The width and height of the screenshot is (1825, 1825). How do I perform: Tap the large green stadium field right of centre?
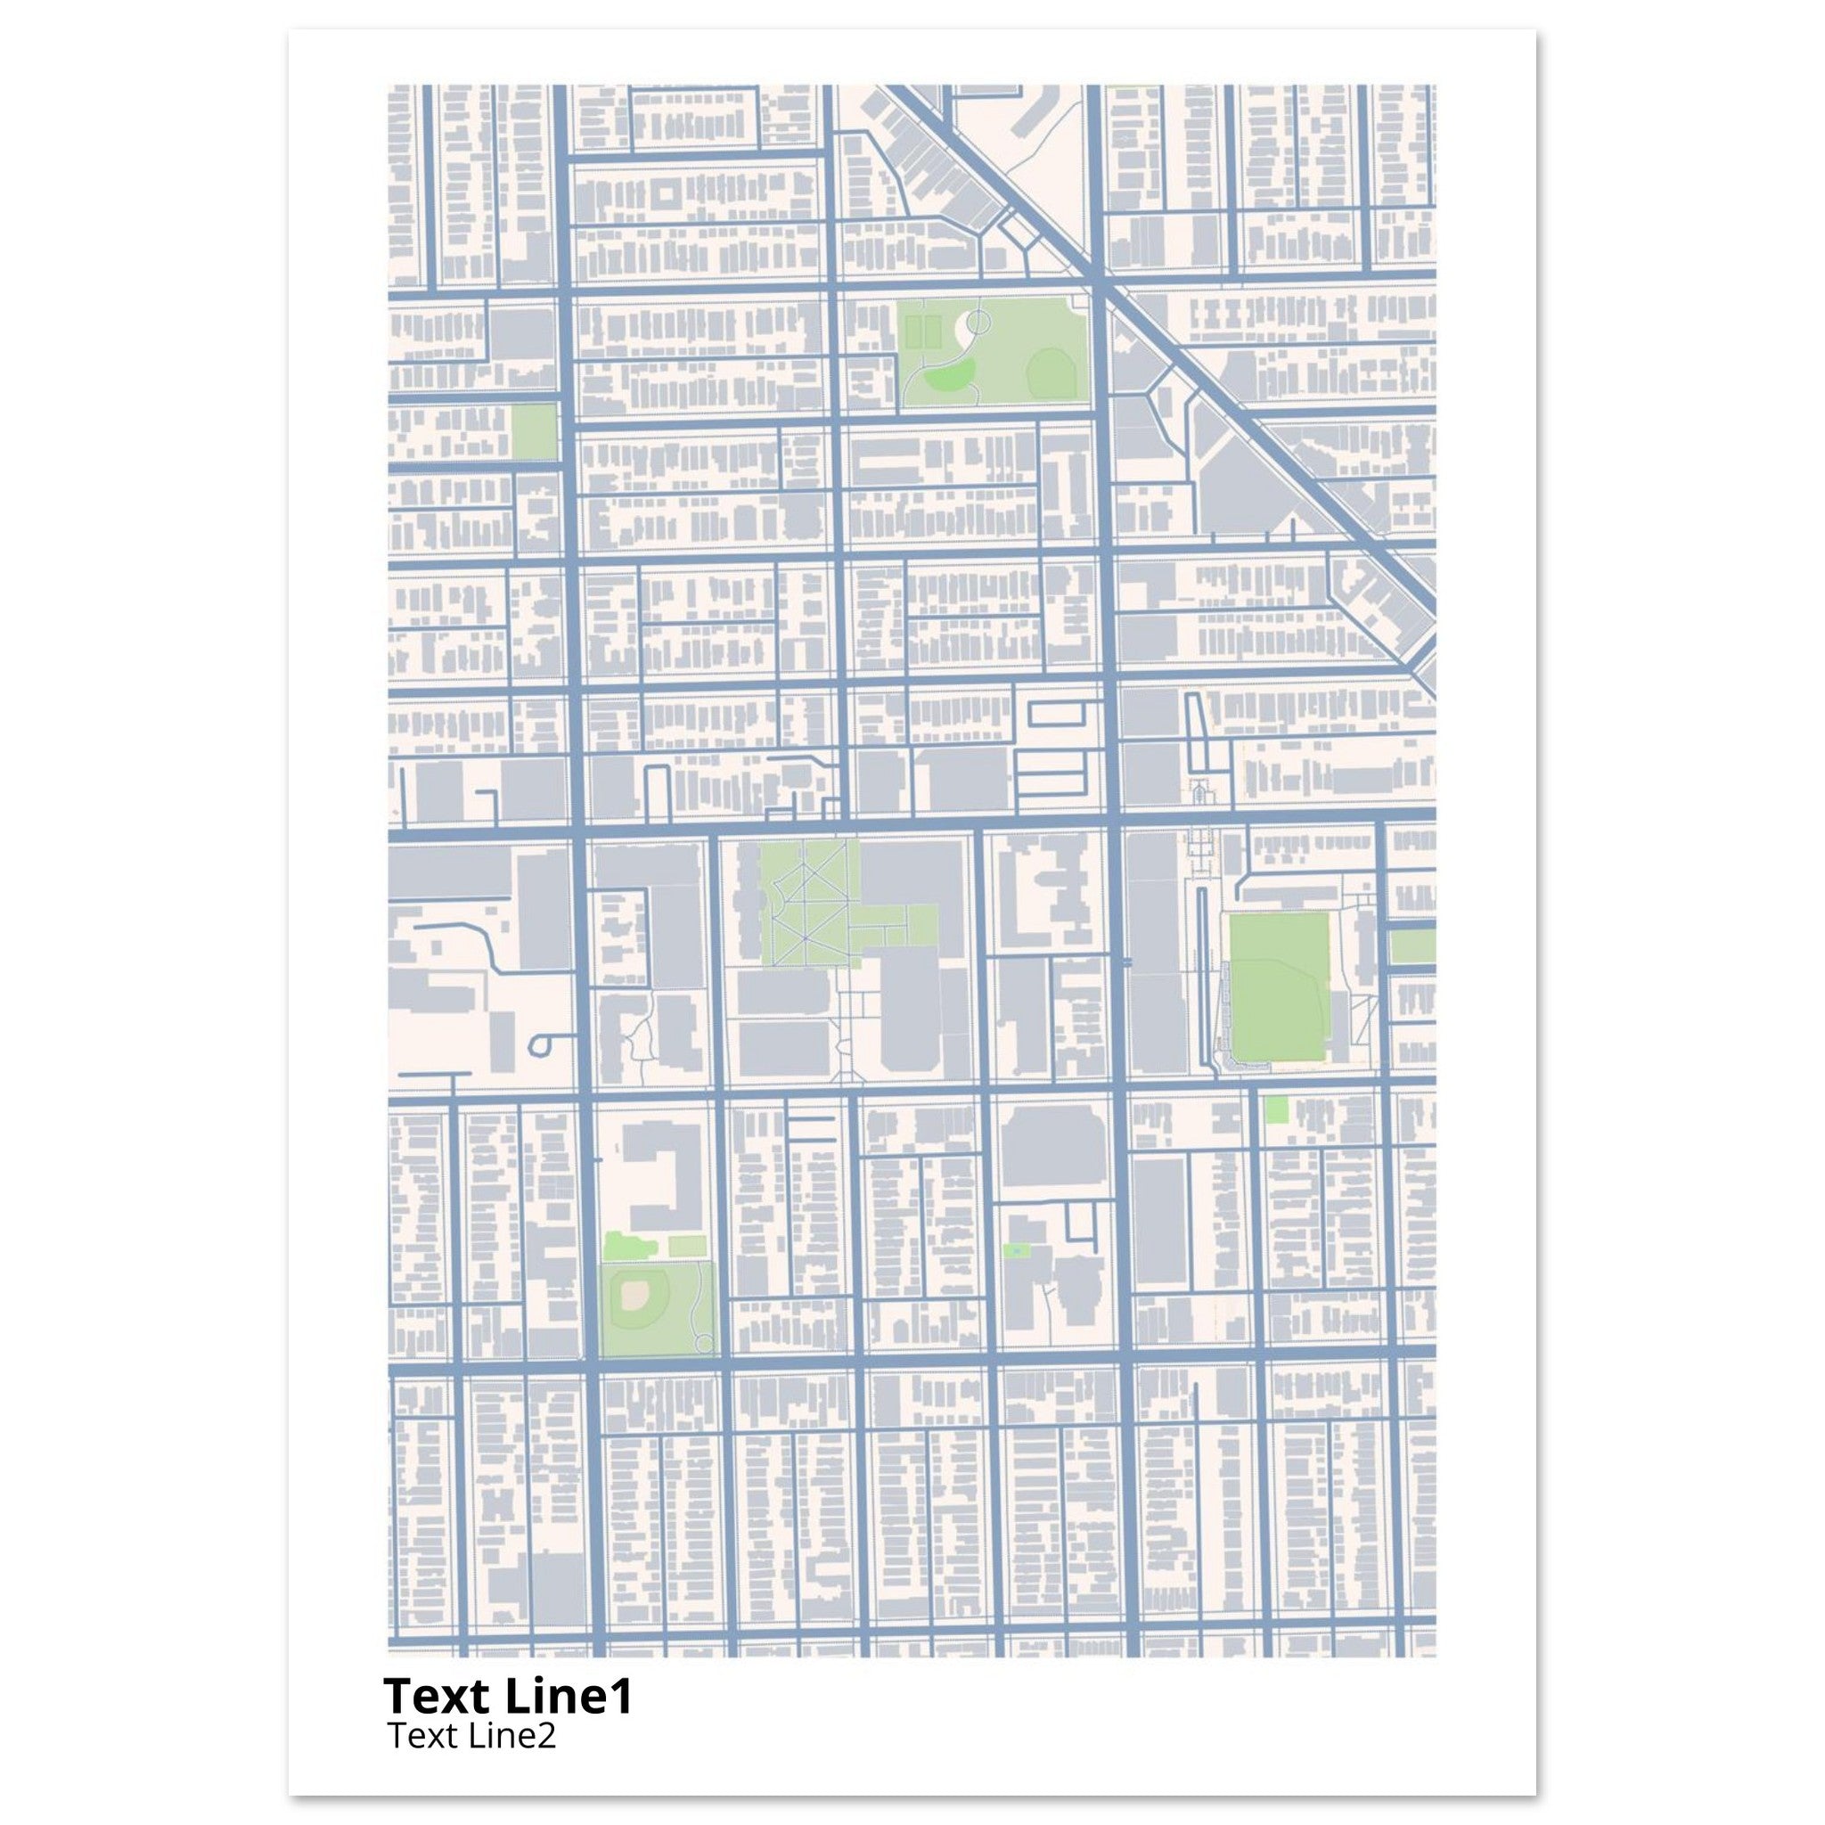click(1279, 990)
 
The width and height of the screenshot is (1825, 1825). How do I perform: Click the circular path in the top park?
click(978, 323)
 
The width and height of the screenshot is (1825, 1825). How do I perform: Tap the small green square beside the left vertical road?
click(534, 431)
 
